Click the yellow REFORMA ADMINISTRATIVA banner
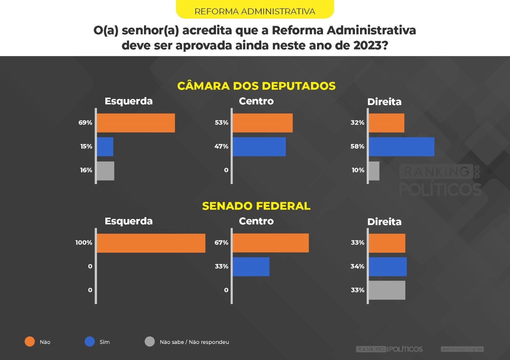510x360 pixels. pos(255,10)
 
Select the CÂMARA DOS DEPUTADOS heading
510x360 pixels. pos(256,86)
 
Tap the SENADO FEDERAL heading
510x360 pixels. pos(256,206)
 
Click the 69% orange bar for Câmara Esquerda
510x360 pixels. pos(136,123)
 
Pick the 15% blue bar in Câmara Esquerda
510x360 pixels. pos(105,147)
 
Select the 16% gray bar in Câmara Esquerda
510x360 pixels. pos(105,171)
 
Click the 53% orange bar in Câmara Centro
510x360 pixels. pos(263,123)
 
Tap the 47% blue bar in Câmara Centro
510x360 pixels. pos(259,147)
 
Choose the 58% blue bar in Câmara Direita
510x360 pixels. pos(401,147)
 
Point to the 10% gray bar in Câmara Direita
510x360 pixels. pos(374,171)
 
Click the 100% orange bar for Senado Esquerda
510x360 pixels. pos(151,243)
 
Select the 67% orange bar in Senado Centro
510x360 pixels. pos(271,243)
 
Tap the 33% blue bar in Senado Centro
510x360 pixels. pos(251,267)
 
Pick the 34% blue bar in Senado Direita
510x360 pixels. pos(388,267)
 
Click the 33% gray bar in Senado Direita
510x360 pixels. pos(387,290)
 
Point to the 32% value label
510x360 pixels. pos(357,123)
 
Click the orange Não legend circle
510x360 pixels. pos(30,342)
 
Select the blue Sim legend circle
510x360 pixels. pos(90,342)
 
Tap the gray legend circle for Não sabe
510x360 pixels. pos(150,342)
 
